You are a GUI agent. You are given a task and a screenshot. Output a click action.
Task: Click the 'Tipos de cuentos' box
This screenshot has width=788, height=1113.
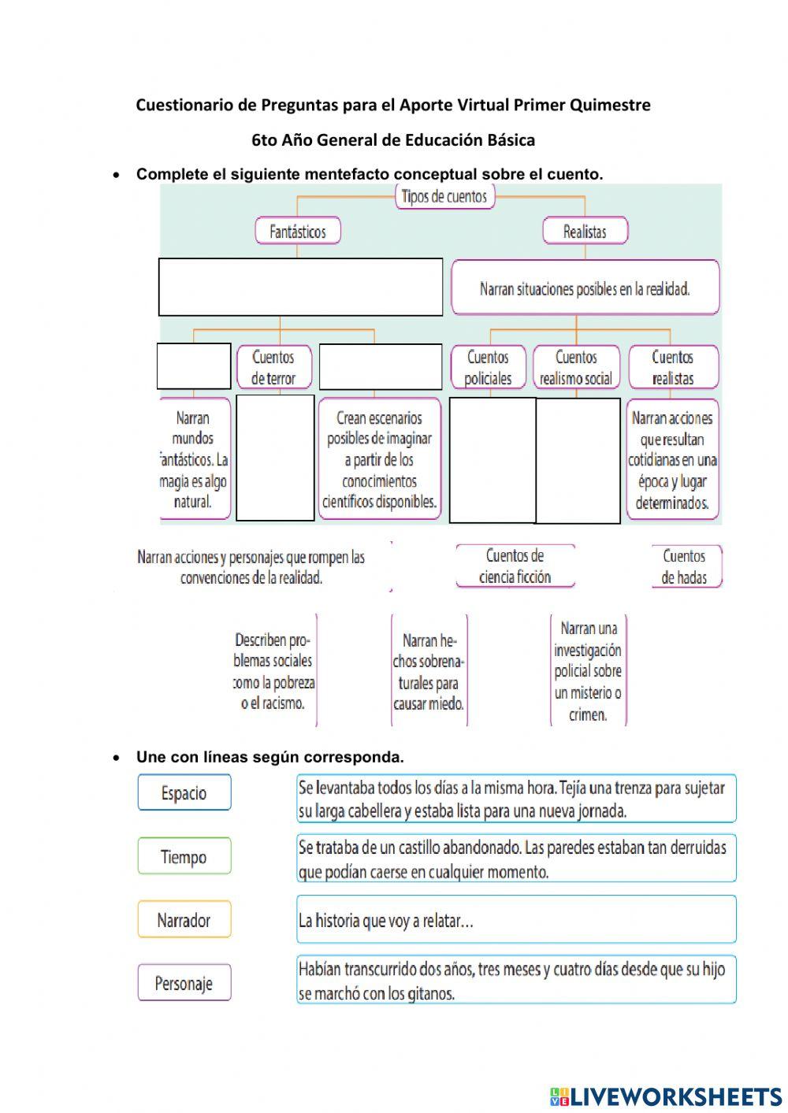click(x=444, y=197)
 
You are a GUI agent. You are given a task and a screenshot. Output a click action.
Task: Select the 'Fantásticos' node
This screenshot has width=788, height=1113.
click(x=297, y=232)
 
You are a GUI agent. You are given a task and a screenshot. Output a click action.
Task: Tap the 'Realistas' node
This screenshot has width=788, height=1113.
click(x=585, y=232)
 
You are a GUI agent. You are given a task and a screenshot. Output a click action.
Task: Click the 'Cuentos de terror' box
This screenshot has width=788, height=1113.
click(x=273, y=368)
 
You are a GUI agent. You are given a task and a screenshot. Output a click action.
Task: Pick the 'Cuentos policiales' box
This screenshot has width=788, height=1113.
click(x=488, y=368)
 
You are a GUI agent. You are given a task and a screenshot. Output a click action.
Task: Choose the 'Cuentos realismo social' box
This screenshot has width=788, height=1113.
click(x=576, y=368)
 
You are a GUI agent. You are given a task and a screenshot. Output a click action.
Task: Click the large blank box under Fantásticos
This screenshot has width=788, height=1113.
click(x=300, y=287)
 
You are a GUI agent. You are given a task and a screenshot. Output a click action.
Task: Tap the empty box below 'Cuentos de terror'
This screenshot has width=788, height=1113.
click(x=275, y=458)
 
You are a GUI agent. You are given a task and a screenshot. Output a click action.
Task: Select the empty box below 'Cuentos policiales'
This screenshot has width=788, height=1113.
click(x=492, y=460)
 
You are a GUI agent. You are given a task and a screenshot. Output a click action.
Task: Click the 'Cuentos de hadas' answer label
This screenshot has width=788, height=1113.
click(x=684, y=566)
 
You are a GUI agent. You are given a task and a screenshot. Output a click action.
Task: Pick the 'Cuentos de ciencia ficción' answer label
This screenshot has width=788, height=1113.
click(x=515, y=566)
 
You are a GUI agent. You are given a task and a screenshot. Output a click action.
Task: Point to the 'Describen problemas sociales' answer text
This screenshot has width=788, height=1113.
click(x=273, y=671)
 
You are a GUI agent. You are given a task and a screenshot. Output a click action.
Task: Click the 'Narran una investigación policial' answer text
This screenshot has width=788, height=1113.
click(x=588, y=671)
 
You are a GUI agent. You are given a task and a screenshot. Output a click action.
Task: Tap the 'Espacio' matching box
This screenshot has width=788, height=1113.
click(x=184, y=792)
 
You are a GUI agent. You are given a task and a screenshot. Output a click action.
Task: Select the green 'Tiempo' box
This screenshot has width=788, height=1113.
click(x=184, y=856)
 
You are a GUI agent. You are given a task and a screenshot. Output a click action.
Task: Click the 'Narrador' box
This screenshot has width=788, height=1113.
click(x=184, y=919)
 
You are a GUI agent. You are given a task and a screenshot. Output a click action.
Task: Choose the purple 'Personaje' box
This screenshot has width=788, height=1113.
click(x=184, y=983)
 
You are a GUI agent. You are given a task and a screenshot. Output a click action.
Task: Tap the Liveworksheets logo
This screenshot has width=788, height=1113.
click(x=665, y=1096)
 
